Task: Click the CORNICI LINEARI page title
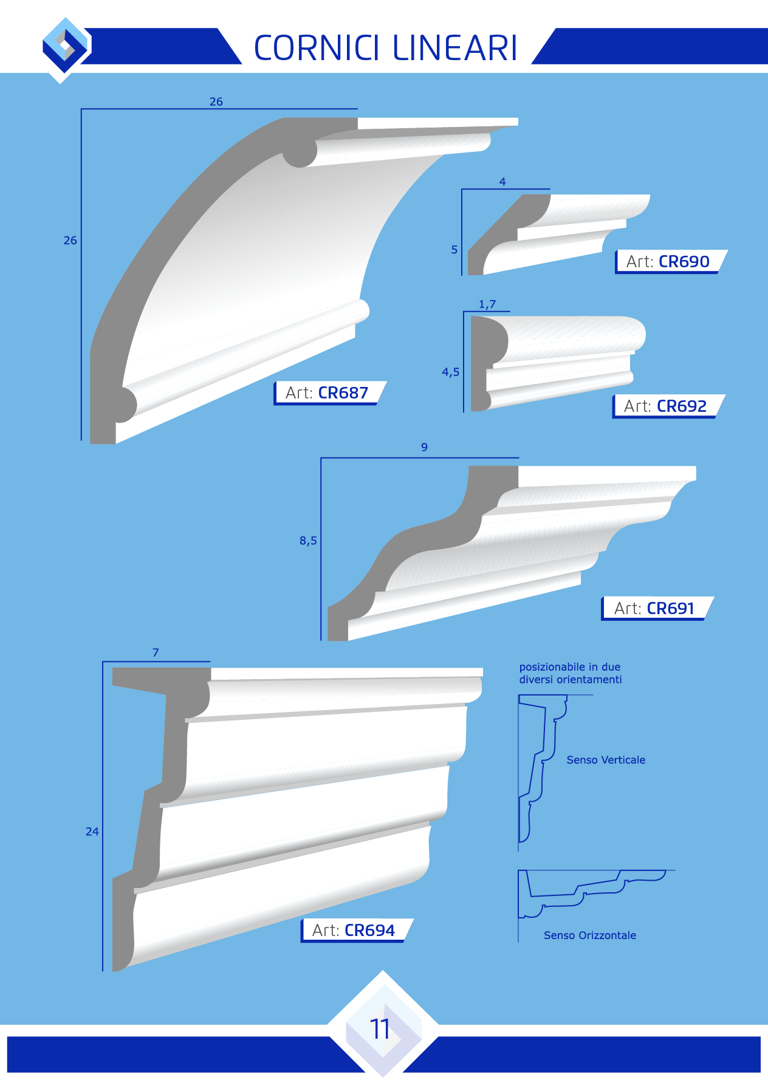(x=385, y=48)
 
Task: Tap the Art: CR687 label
(x=327, y=393)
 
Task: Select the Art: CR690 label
(x=668, y=262)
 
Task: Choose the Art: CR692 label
(x=665, y=406)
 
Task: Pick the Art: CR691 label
(x=654, y=609)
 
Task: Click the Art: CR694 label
(x=353, y=931)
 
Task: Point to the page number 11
(x=380, y=1029)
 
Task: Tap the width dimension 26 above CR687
(x=216, y=102)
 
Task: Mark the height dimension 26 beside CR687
(x=70, y=241)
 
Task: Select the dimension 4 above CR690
(x=502, y=182)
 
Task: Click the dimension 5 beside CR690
(x=454, y=250)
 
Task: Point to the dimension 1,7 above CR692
(x=487, y=304)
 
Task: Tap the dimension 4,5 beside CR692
(x=451, y=372)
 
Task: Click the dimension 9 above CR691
(x=424, y=447)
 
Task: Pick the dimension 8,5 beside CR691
(x=308, y=541)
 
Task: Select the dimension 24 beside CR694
(x=92, y=832)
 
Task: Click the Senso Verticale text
(x=606, y=760)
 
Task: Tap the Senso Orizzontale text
(x=590, y=935)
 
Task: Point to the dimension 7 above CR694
(x=156, y=652)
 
